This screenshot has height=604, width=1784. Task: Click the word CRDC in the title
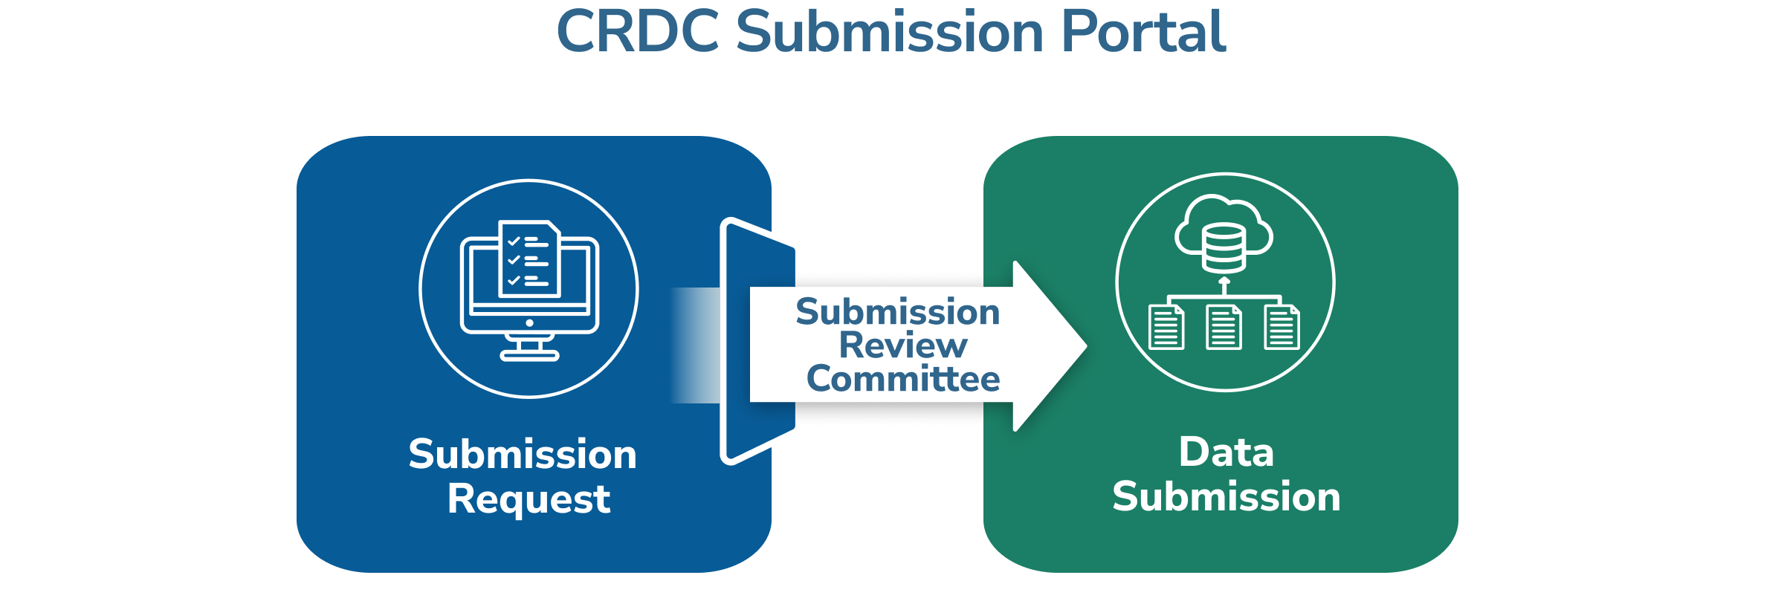638,33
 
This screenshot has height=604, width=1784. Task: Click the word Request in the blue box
529,499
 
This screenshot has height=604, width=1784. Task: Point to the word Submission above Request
523,454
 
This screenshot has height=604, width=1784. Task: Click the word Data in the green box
1226,452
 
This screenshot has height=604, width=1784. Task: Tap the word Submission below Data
1226,496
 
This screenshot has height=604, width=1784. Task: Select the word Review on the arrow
903,345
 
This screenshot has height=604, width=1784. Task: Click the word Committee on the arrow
903,379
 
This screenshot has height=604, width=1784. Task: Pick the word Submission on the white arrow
898,311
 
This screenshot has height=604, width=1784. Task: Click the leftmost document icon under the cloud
1166,327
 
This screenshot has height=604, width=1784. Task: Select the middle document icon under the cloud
1224,327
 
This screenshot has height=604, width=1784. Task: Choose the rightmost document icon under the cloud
1282,327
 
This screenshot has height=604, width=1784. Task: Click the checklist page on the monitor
529,259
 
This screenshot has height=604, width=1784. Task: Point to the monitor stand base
529,355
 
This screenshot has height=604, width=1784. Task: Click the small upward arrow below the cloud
1224,284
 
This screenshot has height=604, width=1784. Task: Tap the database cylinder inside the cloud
1224,248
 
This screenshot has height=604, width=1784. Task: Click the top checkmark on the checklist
514,241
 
